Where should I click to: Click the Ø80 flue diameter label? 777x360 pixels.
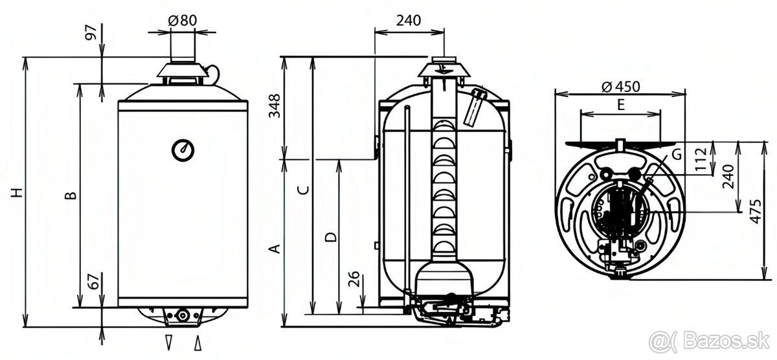pyautogui.click(x=183, y=20)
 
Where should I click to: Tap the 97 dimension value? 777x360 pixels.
pyautogui.click(x=91, y=32)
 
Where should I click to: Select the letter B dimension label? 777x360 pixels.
pyautogui.click(x=71, y=196)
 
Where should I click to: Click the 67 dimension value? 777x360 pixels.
pyautogui.click(x=94, y=280)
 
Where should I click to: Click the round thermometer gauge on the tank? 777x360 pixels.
pyautogui.click(x=183, y=150)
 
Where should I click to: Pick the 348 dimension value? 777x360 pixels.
pyautogui.click(x=275, y=106)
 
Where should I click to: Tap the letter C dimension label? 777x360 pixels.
pyautogui.click(x=303, y=190)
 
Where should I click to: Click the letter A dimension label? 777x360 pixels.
pyautogui.click(x=275, y=249)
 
